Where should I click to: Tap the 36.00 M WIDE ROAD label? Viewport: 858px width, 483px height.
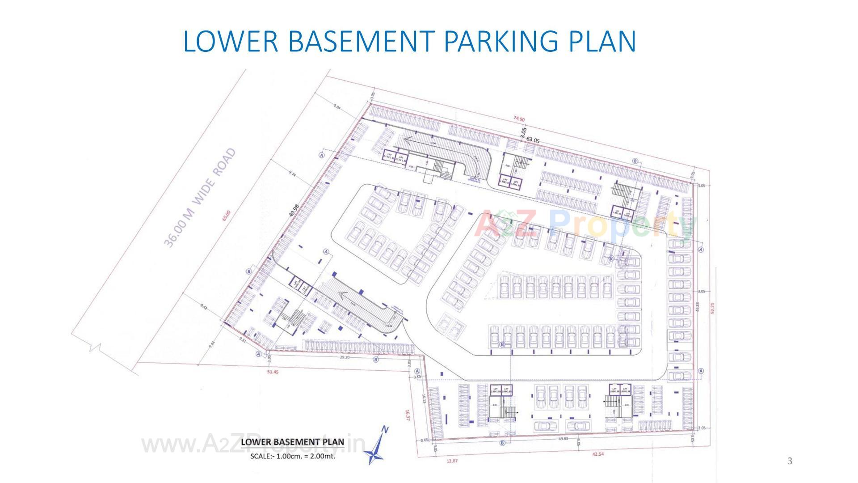click(200, 198)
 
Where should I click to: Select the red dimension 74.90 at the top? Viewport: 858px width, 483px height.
click(519, 119)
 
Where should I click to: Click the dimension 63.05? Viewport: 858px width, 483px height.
click(533, 140)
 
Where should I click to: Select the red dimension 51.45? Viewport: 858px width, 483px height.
click(272, 372)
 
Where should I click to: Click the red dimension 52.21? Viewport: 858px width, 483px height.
click(713, 308)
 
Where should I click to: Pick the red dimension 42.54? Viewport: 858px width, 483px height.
click(597, 454)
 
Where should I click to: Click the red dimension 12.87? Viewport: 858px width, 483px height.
click(452, 460)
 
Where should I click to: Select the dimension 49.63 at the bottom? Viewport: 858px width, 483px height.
click(564, 439)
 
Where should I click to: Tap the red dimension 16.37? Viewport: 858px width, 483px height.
click(407, 415)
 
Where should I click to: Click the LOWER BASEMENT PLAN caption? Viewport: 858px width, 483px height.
click(293, 442)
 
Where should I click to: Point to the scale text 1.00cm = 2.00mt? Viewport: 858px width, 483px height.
click(293, 457)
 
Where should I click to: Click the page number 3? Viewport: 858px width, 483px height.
click(790, 461)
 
